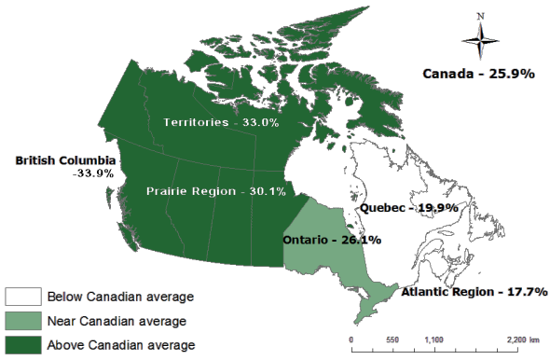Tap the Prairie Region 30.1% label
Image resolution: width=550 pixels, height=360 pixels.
(215, 191)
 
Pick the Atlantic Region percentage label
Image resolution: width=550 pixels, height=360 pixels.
(472, 292)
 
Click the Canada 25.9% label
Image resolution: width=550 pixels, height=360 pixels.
(478, 73)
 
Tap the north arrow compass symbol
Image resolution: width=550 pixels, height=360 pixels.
(480, 40)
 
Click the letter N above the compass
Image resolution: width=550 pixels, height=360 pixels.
(480, 15)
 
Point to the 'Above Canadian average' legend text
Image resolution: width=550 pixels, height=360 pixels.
(120, 345)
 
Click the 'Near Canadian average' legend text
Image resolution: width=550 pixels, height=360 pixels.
(116, 322)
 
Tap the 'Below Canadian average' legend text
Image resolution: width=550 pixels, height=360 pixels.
(120, 298)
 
